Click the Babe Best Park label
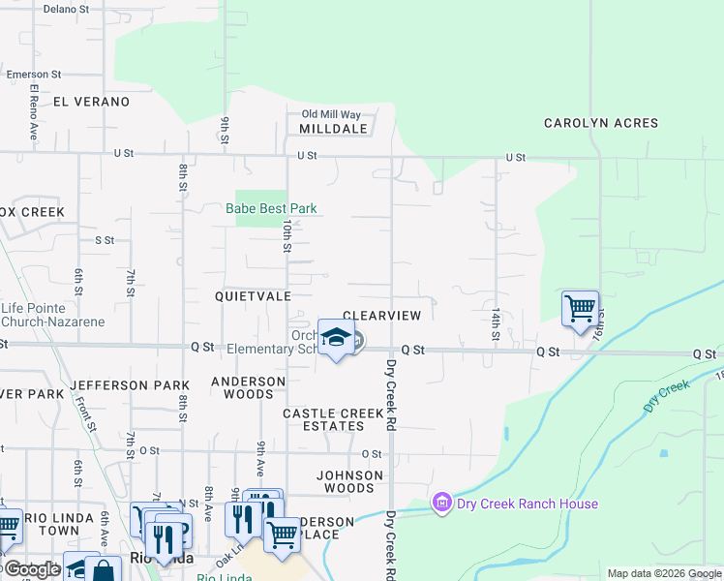click(271, 208)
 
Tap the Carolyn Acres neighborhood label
click(601, 123)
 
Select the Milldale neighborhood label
click(333, 129)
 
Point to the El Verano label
click(92, 102)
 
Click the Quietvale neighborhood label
click(253, 296)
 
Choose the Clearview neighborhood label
click(382, 316)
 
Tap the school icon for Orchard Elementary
click(336, 338)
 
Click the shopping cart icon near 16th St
click(580, 309)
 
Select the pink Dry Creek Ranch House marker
click(442, 504)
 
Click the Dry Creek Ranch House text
click(528, 504)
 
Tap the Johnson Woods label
click(350, 481)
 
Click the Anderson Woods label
click(249, 387)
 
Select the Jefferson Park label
click(130, 385)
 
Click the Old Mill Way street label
click(331, 114)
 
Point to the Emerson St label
click(34, 74)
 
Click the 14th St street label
click(495, 324)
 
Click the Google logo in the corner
click(32, 569)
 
